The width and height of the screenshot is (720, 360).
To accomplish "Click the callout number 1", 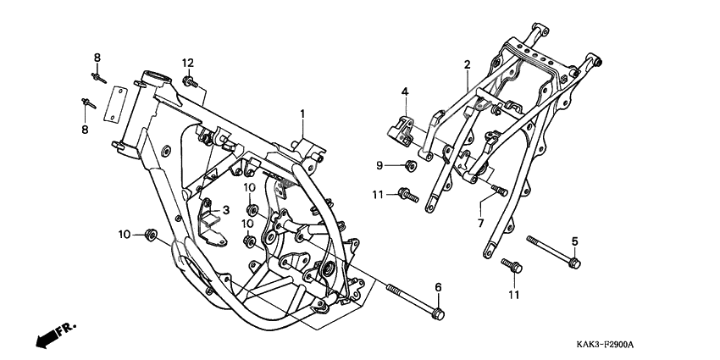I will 301,114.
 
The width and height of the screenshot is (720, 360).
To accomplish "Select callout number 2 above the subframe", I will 467,64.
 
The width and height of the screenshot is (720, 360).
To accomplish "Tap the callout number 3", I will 226,210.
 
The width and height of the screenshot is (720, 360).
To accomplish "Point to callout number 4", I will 405,91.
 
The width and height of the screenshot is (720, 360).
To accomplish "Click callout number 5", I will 574,242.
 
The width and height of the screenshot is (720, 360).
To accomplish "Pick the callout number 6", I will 438,288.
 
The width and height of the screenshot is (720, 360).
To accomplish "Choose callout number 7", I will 480,223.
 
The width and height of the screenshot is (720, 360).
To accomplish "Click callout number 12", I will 187,63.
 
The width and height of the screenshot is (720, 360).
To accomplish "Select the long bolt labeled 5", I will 554,252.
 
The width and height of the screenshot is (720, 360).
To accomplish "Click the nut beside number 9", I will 410,164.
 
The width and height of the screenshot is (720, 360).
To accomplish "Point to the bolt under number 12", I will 190,81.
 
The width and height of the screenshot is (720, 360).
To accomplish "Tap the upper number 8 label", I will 97,58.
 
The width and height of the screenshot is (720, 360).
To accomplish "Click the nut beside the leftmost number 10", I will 151,234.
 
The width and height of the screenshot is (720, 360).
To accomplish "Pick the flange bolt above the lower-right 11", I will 511,266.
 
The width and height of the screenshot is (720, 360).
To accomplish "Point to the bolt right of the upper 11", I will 407,195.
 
